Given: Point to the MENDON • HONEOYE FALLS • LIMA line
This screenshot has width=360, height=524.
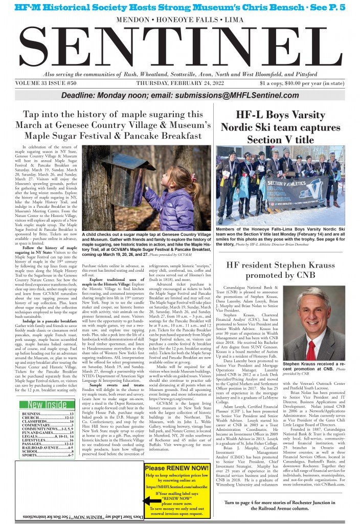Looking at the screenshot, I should (x=179, y=19).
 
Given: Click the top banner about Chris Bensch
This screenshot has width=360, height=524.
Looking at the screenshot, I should (x=179, y=7).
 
